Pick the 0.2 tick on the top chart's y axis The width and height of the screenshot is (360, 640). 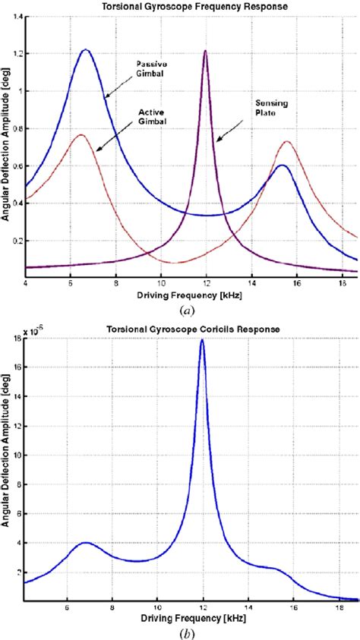(16, 241)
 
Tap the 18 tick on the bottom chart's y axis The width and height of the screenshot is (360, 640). (17, 339)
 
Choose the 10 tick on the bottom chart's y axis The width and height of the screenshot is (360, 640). (17, 456)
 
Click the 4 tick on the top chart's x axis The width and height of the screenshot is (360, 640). (26, 283)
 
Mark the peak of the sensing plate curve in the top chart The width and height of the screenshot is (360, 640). (205, 50)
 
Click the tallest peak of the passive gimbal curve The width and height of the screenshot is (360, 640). (85, 50)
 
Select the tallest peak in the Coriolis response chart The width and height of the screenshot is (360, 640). (202, 340)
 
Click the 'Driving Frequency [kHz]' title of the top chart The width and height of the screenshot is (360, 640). (190, 295)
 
